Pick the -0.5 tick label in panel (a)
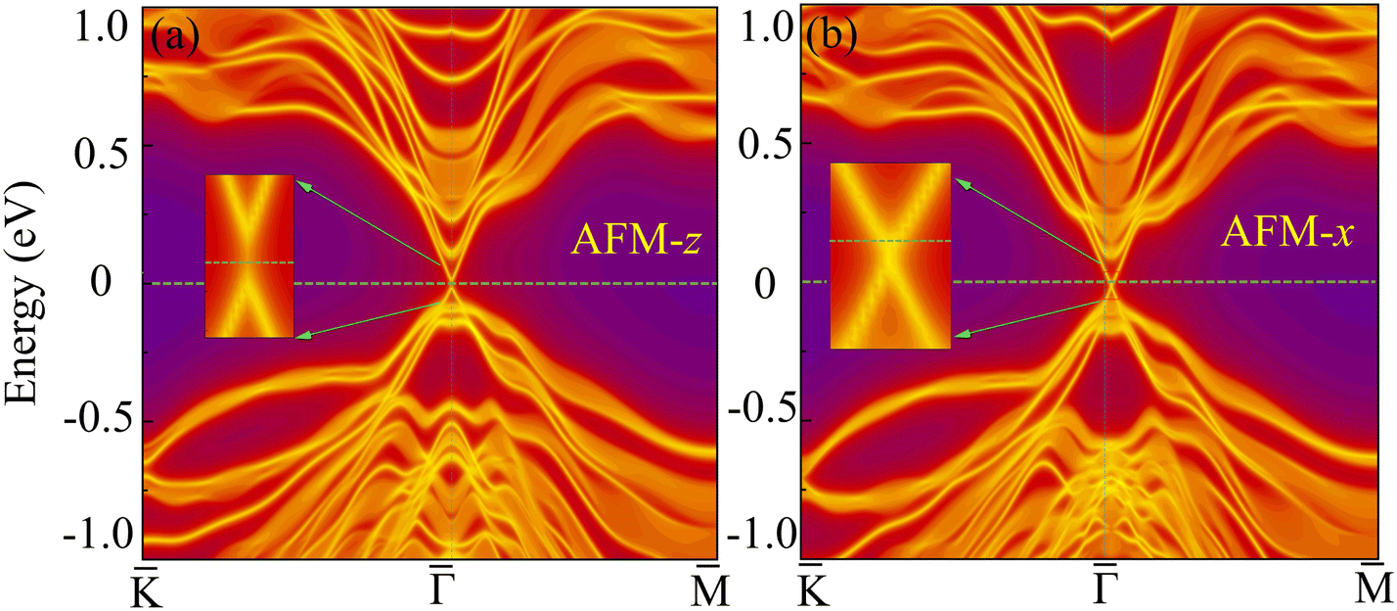click(x=95, y=422)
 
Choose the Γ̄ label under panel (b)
click(x=1105, y=585)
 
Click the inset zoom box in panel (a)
click(x=249, y=257)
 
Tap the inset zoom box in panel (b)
click(x=890, y=256)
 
